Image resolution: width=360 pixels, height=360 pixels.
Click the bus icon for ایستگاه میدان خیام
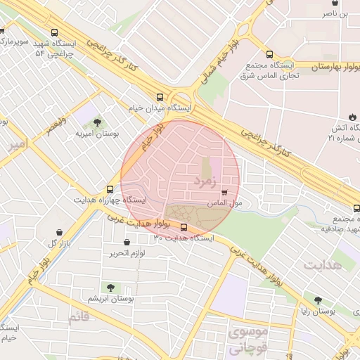click(x=160, y=98)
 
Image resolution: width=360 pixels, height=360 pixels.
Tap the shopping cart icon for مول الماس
click(x=224, y=192)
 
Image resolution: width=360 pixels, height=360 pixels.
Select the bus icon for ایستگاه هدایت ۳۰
click(x=184, y=227)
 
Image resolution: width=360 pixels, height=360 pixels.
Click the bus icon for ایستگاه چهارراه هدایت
click(x=109, y=189)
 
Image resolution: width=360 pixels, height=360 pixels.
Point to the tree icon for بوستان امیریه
click(x=97, y=122)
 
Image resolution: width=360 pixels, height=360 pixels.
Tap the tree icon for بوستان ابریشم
click(x=110, y=287)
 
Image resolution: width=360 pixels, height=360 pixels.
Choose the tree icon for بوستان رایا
click(x=318, y=300)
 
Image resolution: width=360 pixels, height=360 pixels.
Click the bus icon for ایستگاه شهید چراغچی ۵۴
click(x=55, y=32)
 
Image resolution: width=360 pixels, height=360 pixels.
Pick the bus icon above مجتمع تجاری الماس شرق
click(x=269, y=54)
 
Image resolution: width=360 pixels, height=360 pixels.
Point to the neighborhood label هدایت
click(x=323, y=265)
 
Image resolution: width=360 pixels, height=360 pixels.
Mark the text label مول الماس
click(x=226, y=203)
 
